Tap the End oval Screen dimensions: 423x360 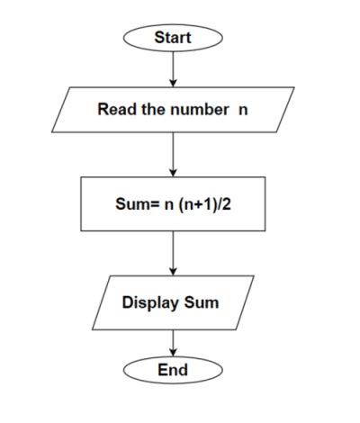tap(173, 370)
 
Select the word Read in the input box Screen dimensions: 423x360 tap(114, 110)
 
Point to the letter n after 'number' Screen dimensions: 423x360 tap(242, 110)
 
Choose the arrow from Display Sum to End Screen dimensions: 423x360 tap(173, 342)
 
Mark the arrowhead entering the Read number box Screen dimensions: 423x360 tap(173, 82)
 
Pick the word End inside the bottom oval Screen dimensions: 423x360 tap(173, 370)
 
